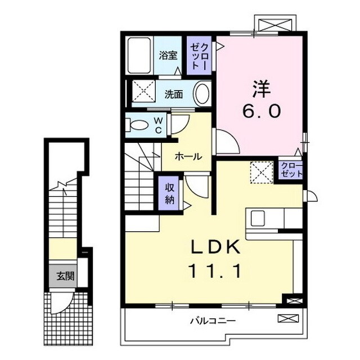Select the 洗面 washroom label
173,94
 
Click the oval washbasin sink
202,93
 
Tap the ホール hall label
187,156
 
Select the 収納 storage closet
169,193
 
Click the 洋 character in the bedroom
262,88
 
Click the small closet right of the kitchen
291,169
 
